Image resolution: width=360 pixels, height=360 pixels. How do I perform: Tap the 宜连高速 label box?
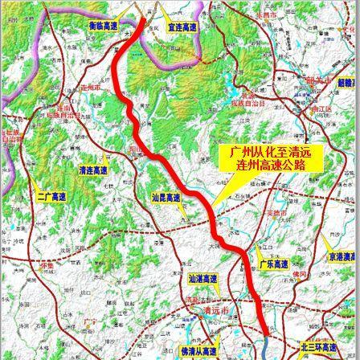point(182,27)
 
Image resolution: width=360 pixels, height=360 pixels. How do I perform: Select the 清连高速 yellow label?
point(94,170)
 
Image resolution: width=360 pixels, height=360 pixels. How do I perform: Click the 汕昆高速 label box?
point(166,196)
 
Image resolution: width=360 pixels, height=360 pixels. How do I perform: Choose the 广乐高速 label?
point(273,264)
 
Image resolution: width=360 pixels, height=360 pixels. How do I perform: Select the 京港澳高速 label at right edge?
point(342,256)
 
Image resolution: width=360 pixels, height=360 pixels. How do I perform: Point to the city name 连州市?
point(91,87)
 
